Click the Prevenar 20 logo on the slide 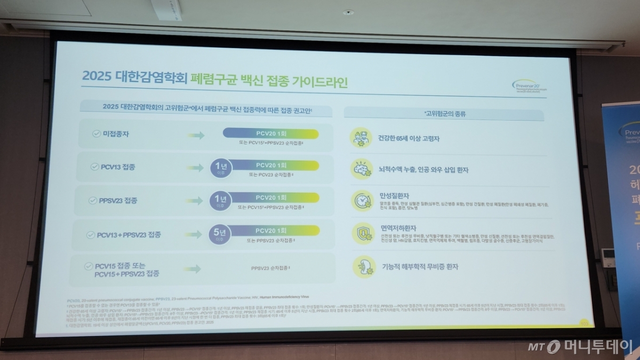[x=531, y=86]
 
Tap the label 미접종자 [x=115, y=134]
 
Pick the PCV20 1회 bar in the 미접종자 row [x=271, y=134]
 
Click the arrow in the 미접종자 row [x=196, y=135]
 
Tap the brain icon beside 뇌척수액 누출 [x=361, y=169]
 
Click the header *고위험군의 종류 [x=444, y=114]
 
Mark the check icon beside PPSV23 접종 [x=93, y=201]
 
